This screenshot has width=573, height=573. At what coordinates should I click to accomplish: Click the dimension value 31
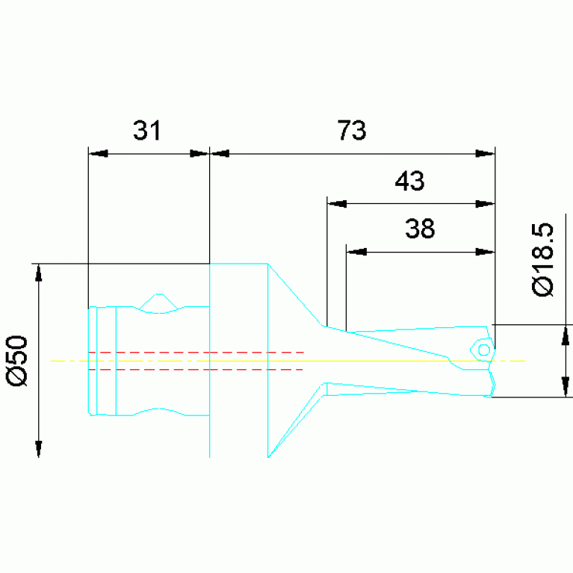[147, 131]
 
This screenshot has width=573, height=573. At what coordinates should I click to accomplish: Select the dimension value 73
[352, 130]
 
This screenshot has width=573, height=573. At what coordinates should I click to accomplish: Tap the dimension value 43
[409, 181]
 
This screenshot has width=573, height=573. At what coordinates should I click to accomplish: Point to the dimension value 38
[420, 229]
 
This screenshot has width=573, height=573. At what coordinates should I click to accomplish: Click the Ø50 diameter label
[17, 361]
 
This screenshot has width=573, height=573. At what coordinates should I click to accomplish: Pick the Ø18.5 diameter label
[542, 259]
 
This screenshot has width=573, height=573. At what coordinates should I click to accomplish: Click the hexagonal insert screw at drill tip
[483, 350]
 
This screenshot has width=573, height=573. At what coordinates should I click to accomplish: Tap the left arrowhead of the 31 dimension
[98, 153]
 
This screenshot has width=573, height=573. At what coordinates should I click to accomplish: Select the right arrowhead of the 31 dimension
[199, 153]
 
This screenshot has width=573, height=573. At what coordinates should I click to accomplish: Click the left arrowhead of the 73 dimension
[220, 153]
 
